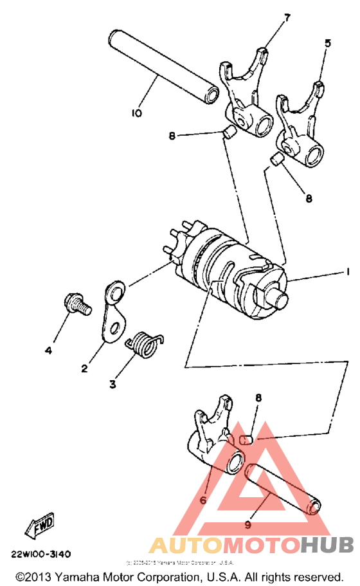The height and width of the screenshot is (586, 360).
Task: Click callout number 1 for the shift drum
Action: coord(347,273)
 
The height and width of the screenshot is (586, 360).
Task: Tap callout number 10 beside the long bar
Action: coord(136,113)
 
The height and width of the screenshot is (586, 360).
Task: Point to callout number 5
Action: coord(328,44)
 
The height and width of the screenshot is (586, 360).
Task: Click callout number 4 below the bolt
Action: coord(48,351)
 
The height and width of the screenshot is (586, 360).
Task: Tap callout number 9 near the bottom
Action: coord(248,524)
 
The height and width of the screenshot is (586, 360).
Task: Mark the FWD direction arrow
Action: coord(40,523)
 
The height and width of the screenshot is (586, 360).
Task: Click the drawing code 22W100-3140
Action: coord(40,554)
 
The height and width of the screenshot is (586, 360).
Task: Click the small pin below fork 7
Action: coord(227,133)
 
